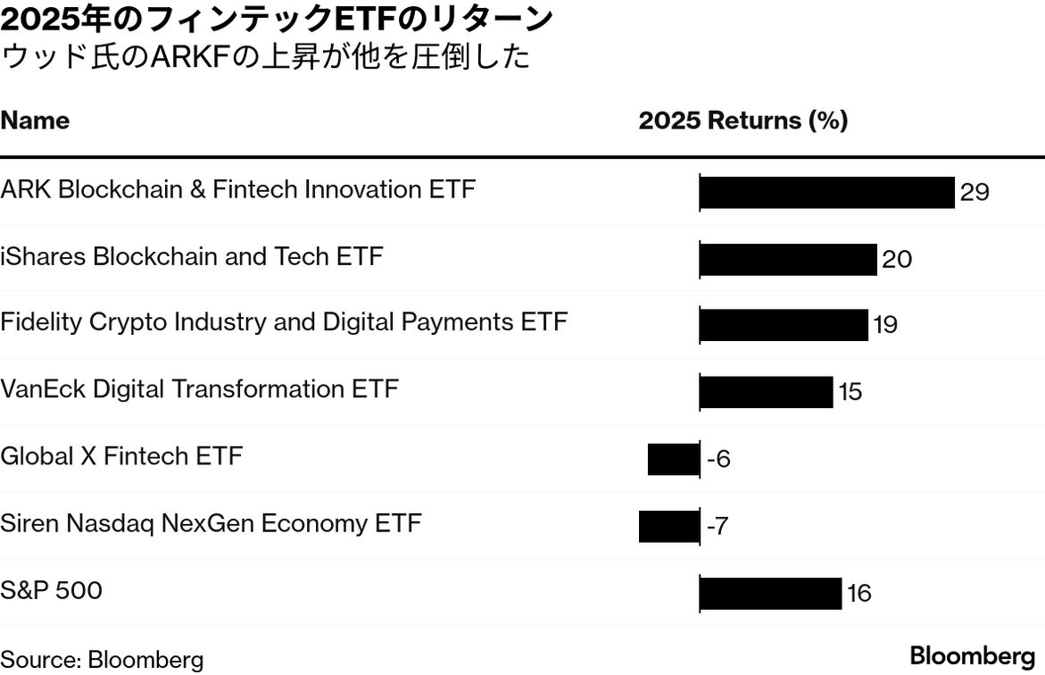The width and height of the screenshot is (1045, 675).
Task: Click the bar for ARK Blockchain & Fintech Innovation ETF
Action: (826, 192)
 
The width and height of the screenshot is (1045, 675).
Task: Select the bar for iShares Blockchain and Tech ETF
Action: (788, 259)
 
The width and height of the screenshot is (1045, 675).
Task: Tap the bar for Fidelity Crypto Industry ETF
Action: (784, 325)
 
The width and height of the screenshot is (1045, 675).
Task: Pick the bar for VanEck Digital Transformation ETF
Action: (766, 392)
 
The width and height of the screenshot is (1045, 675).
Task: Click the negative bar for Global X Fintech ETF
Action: (674, 459)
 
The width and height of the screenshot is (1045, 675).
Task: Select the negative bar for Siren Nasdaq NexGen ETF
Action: (669, 526)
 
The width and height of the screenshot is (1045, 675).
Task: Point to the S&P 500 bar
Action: (770, 593)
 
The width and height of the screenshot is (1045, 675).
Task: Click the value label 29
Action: (975, 193)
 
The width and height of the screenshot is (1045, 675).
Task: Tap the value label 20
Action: (897, 260)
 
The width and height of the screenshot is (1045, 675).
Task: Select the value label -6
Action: (718, 460)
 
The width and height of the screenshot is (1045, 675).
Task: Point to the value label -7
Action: (717, 527)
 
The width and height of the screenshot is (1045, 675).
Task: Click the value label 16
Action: (858, 594)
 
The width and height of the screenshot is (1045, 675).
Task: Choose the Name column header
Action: (35, 121)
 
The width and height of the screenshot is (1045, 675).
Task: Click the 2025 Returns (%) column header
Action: (742, 121)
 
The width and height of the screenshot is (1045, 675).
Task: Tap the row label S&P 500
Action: (51, 590)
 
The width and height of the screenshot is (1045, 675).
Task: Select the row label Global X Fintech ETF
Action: (121, 456)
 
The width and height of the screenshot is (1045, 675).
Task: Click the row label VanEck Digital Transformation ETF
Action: (199, 389)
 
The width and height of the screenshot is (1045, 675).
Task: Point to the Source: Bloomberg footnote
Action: (102, 660)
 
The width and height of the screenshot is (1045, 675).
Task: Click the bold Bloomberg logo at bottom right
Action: (972, 655)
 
